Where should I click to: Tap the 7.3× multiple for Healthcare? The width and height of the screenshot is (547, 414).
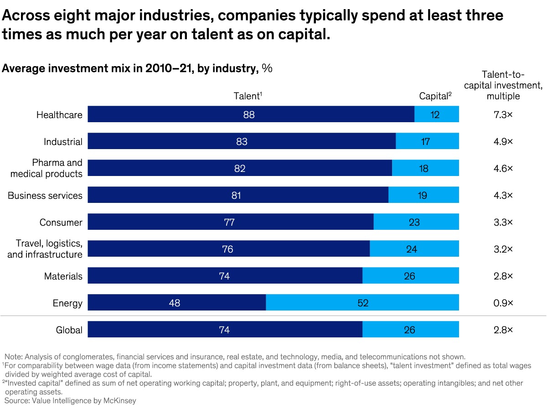point(503,115)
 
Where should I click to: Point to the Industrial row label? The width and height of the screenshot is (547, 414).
point(63,142)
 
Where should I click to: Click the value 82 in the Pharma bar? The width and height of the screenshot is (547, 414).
point(240,168)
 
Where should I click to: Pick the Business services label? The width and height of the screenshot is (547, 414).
point(45,196)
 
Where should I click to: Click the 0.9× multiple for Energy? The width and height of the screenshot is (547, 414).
point(503,303)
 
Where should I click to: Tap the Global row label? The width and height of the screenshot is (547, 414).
point(69,330)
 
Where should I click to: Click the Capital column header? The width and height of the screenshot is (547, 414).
point(435,96)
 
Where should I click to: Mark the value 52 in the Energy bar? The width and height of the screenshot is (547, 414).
point(363,303)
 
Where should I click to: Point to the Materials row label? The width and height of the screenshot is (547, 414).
point(63,276)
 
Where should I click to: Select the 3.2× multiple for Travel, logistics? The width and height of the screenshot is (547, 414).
point(503,249)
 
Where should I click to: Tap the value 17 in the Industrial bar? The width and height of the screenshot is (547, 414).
point(425,142)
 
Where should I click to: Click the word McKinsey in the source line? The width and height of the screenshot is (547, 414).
point(120,401)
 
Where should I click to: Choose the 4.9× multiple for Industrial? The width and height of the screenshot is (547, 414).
point(503,142)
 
